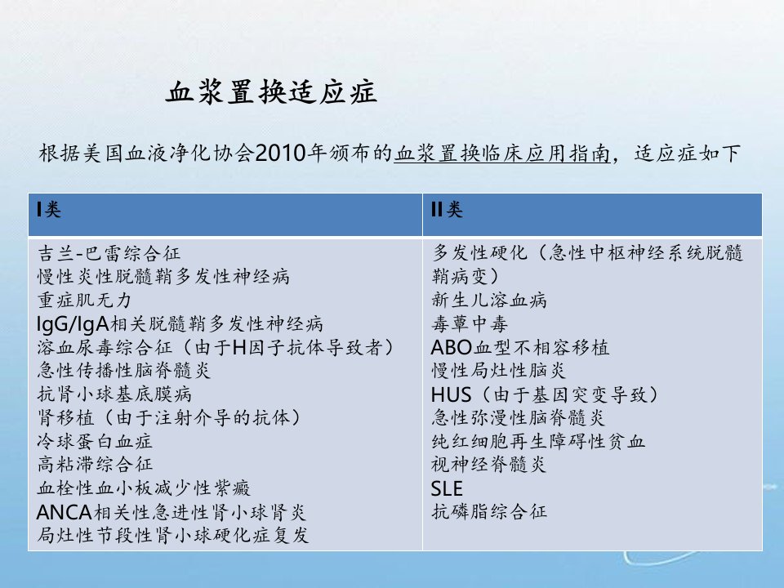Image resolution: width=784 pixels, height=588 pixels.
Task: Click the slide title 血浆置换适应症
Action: (x=271, y=92)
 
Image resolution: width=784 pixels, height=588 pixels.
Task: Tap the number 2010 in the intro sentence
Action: (x=280, y=153)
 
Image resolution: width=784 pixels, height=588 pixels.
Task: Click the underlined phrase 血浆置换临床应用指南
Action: (x=502, y=154)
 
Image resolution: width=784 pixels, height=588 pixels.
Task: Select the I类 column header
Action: (x=49, y=209)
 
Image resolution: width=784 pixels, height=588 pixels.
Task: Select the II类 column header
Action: (x=447, y=209)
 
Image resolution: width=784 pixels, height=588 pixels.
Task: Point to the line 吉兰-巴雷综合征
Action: (x=109, y=253)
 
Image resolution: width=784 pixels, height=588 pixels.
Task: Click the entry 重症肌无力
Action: (x=84, y=300)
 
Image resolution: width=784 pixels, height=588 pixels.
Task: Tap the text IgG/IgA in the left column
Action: (x=73, y=324)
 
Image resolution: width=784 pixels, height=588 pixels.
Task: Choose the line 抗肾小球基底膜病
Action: (x=114, y=394)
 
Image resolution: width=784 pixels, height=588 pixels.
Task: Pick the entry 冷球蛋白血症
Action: (x=95, y=441)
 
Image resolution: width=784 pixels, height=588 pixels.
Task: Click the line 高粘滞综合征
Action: (x=95, y=464)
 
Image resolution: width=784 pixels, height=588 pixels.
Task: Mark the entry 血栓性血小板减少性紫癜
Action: (x=144, y=488)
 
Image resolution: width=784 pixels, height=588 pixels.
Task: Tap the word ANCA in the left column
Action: (x=65, y=512)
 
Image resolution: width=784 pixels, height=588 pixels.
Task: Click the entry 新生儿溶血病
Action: (x=489, y=300)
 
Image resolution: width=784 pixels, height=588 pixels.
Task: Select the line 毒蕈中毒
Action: (x=470, y=323)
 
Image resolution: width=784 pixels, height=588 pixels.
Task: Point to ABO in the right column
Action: (x=452, y=348)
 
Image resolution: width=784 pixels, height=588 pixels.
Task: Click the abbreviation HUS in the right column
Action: (x=451, y=395)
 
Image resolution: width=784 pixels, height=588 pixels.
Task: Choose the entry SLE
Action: (x=447, y=488)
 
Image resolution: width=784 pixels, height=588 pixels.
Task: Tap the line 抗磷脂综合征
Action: (x=489, y=511)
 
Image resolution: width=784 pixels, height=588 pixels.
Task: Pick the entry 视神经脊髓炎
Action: (x=488, y=465)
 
